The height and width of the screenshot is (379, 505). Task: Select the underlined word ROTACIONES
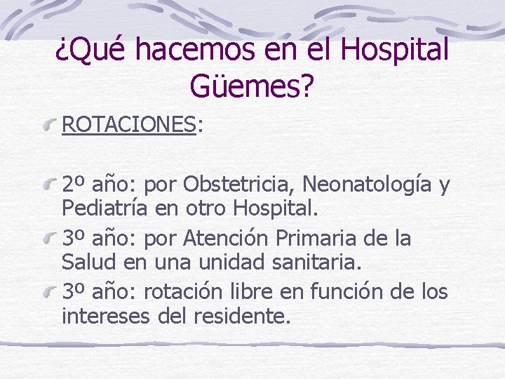128,124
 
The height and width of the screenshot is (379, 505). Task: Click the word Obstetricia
238,185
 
